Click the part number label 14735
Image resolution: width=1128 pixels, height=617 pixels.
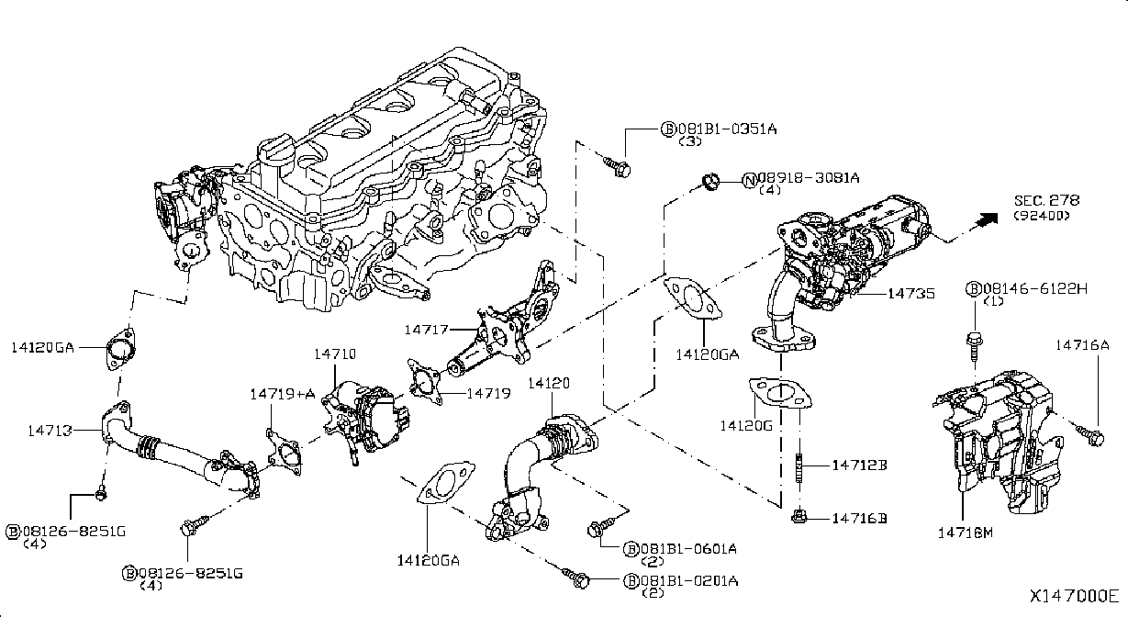click(910, 293)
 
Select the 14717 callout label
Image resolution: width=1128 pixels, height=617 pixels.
click(427, 330)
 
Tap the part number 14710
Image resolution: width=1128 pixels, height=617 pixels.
click(335, 354)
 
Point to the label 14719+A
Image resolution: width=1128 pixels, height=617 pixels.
click(283, 393)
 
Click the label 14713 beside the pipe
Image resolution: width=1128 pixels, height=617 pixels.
click(50, 431)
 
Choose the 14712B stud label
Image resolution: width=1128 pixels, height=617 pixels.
click(859, 465)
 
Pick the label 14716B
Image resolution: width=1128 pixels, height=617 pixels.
click(859, 518)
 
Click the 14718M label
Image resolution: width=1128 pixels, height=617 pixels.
click(965, 532)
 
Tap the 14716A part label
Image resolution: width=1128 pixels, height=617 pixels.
click(1082, 345)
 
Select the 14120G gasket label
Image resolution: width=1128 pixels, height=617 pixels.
click(746, 426)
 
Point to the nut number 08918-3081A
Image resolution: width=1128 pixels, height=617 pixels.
click(809, 178)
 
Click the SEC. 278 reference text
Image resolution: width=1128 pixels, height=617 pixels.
click(1046, 200)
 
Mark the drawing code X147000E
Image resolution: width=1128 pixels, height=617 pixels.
click(1074, 597)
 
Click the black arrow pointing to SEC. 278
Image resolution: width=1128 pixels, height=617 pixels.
click(986, 219)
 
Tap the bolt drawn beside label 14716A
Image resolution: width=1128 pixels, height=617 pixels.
click(1090, 435)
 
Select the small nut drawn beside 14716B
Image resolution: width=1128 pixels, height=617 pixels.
click(798, 516)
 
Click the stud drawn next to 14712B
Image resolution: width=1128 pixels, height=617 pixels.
click(799, 468)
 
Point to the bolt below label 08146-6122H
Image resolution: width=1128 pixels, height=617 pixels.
click(975, 348)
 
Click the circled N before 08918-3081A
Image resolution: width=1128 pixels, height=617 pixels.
click(751, 180)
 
